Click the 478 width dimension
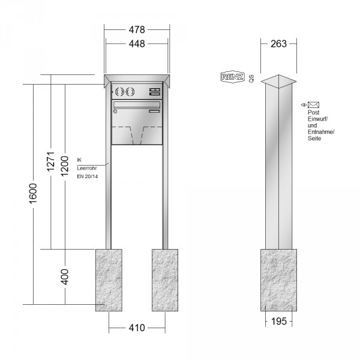(x=137, y=29)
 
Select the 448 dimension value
(x=137, y=44)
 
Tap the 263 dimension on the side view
(x=278, y=44)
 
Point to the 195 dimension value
(x=279, y=321)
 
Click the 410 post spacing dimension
(x=137, y=328)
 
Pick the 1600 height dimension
(x=33, y=193)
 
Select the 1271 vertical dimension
(x=51, y=161)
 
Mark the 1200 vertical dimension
(x=65, y=166)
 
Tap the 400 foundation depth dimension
(x=65, y=277)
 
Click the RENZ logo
(x=232, y=77)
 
